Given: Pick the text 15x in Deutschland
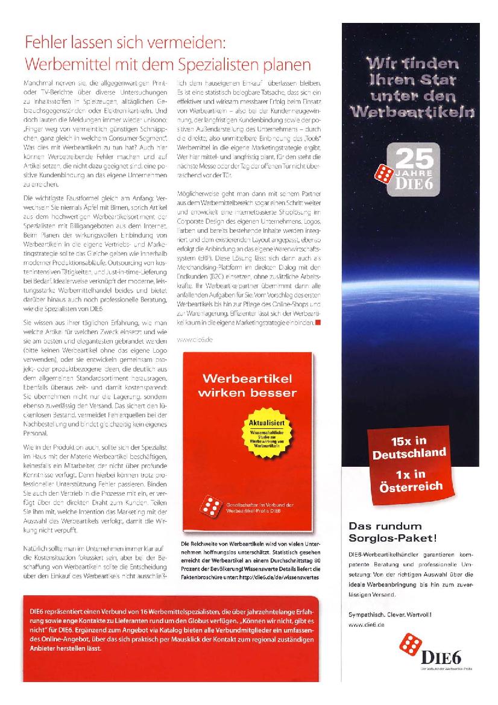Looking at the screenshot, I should coord(409,447).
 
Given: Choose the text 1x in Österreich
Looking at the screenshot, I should coord(409,479).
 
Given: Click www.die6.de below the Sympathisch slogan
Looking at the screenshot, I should coord(366,625).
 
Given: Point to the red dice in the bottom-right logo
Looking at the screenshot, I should coord(412,647).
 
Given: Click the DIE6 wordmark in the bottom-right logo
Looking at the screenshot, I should coord(446,656).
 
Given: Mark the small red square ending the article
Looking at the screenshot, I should coord(318,324).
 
